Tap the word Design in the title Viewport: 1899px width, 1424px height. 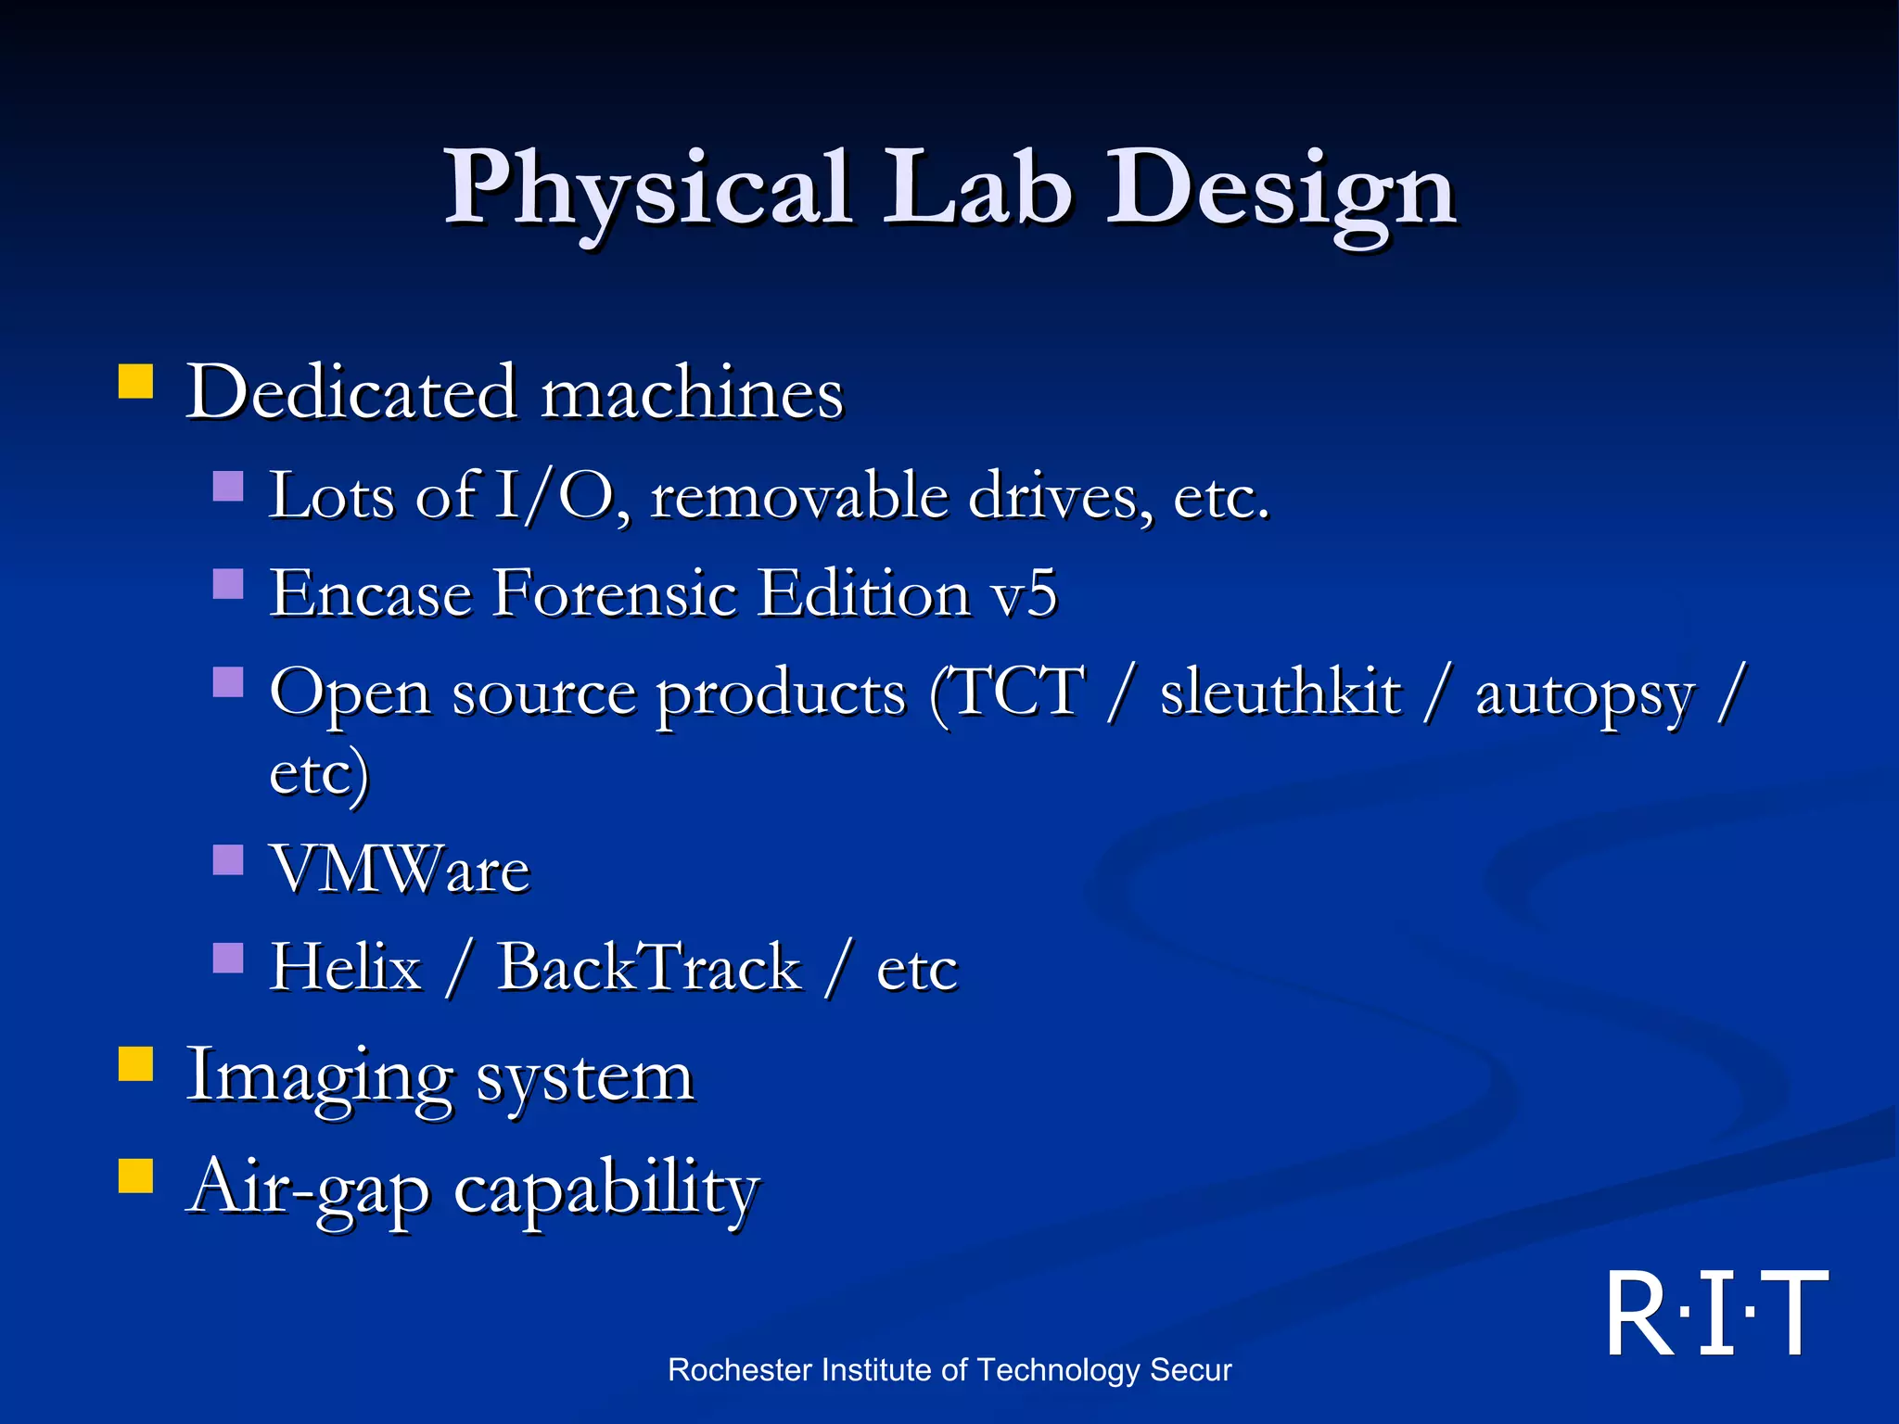[x=1281, y=190]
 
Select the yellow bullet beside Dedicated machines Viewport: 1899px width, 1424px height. [x=135, y=381]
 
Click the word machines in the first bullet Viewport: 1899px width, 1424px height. [x=692, y=393]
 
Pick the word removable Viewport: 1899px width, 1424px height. [x=798, y=495]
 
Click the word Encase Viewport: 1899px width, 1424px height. [x=370, y=593]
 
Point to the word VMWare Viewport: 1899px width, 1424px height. [x=400, y=870]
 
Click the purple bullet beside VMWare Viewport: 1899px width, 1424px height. [x=228, y=859]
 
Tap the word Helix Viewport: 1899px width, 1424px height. [x=346, y=967]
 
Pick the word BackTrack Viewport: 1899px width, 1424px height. [x=649, y=967]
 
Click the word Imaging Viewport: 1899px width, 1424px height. [x=320, y=1077]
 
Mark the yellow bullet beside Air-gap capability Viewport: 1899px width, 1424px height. [x=135, y=1175]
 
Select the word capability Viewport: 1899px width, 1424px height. [x=606, y=1189]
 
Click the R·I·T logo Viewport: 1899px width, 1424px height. [x=1716, y=1314]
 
